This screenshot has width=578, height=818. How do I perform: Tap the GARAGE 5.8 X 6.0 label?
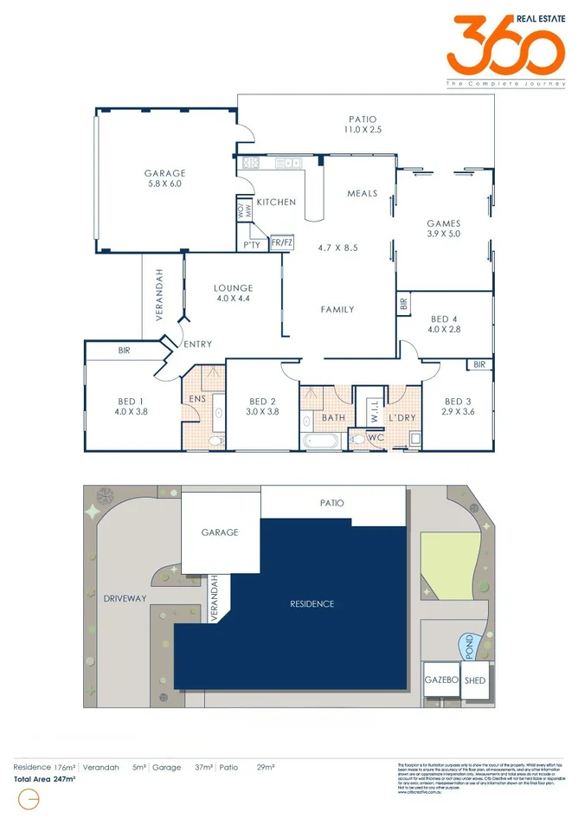coord(164,178)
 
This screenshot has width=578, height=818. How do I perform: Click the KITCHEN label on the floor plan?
coord(276,202)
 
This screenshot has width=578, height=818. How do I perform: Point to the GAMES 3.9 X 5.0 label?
coord(443,229)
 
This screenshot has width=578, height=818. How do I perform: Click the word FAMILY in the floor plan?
coord(337,309)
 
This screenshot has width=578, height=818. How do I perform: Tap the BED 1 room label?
coord(131,407)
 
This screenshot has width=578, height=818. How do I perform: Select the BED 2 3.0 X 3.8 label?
coord(262,407)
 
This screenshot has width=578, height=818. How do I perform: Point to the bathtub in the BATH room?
coord(324,441)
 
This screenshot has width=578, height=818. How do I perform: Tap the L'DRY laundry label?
coord(402,418)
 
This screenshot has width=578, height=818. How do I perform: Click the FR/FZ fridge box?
coord(282,244)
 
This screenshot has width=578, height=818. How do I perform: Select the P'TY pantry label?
coord(252,245)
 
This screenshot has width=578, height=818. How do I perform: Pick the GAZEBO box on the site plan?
coord(440,680)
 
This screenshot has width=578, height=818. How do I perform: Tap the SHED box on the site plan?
coord(475,680)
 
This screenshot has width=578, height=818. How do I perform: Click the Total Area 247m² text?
coord(45,779)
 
